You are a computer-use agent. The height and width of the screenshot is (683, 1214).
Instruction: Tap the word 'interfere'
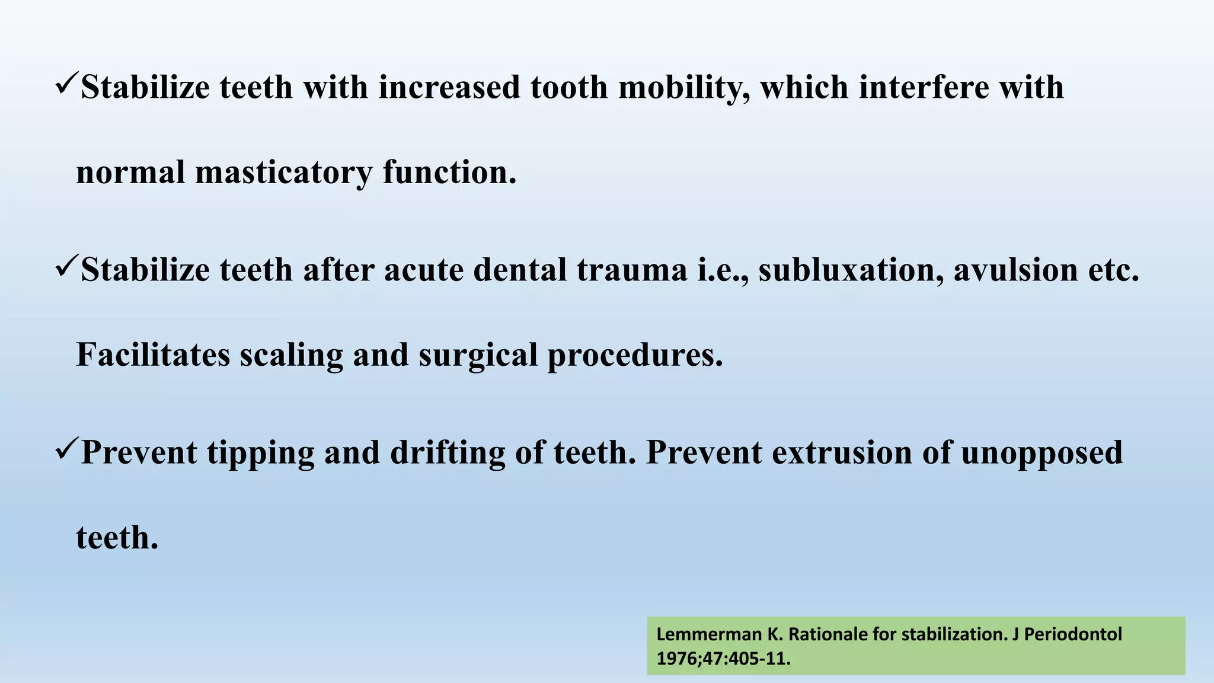(924, 88)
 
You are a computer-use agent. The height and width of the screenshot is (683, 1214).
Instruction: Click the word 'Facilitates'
(153, 355)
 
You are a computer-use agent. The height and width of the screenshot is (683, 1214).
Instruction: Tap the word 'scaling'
(291, 355)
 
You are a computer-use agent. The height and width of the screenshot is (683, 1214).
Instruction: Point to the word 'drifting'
(448, 453)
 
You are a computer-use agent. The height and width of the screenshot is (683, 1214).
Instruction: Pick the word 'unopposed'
(1042, 454)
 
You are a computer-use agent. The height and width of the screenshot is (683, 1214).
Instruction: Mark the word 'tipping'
(260, 454)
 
